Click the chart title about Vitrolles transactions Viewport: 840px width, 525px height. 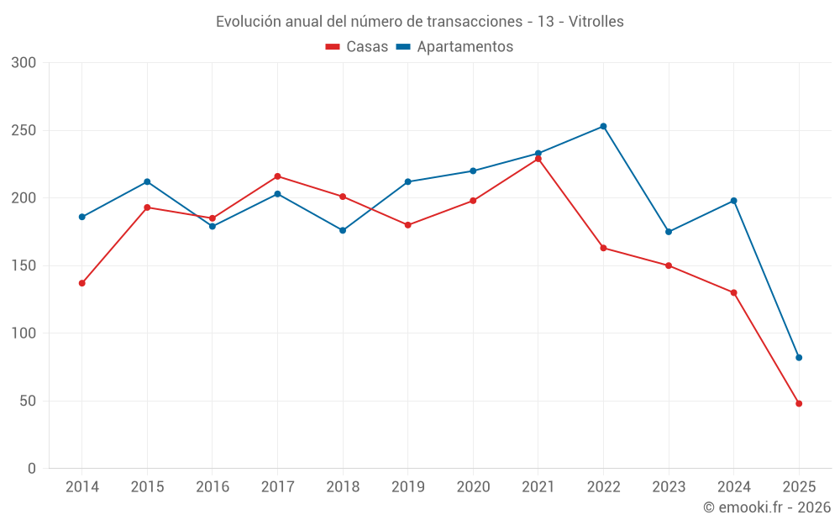(419, 22)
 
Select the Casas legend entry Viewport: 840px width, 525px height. (357, 47)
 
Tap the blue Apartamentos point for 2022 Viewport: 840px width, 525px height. (603, 127)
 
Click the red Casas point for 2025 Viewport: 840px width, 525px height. (799, 403)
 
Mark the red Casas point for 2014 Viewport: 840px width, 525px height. (81, 283)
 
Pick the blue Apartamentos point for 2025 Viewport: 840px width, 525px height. (799, 358)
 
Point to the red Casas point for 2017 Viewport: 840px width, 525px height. (277, 176)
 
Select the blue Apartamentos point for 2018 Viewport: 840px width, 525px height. (343, 230)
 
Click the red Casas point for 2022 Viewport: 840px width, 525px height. (603, 248)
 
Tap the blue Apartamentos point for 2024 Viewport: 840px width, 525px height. (733, 201)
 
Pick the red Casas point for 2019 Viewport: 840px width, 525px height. (407, 225)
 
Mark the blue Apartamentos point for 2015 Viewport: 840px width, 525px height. (147, 181)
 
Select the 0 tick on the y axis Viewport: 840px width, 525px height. (32, 469)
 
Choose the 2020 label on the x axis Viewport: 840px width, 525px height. (473, 487)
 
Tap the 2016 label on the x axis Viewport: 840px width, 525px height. (212, 487)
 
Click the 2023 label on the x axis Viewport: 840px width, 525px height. (669, 487)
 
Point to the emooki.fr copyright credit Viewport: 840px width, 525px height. (767, 507)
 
